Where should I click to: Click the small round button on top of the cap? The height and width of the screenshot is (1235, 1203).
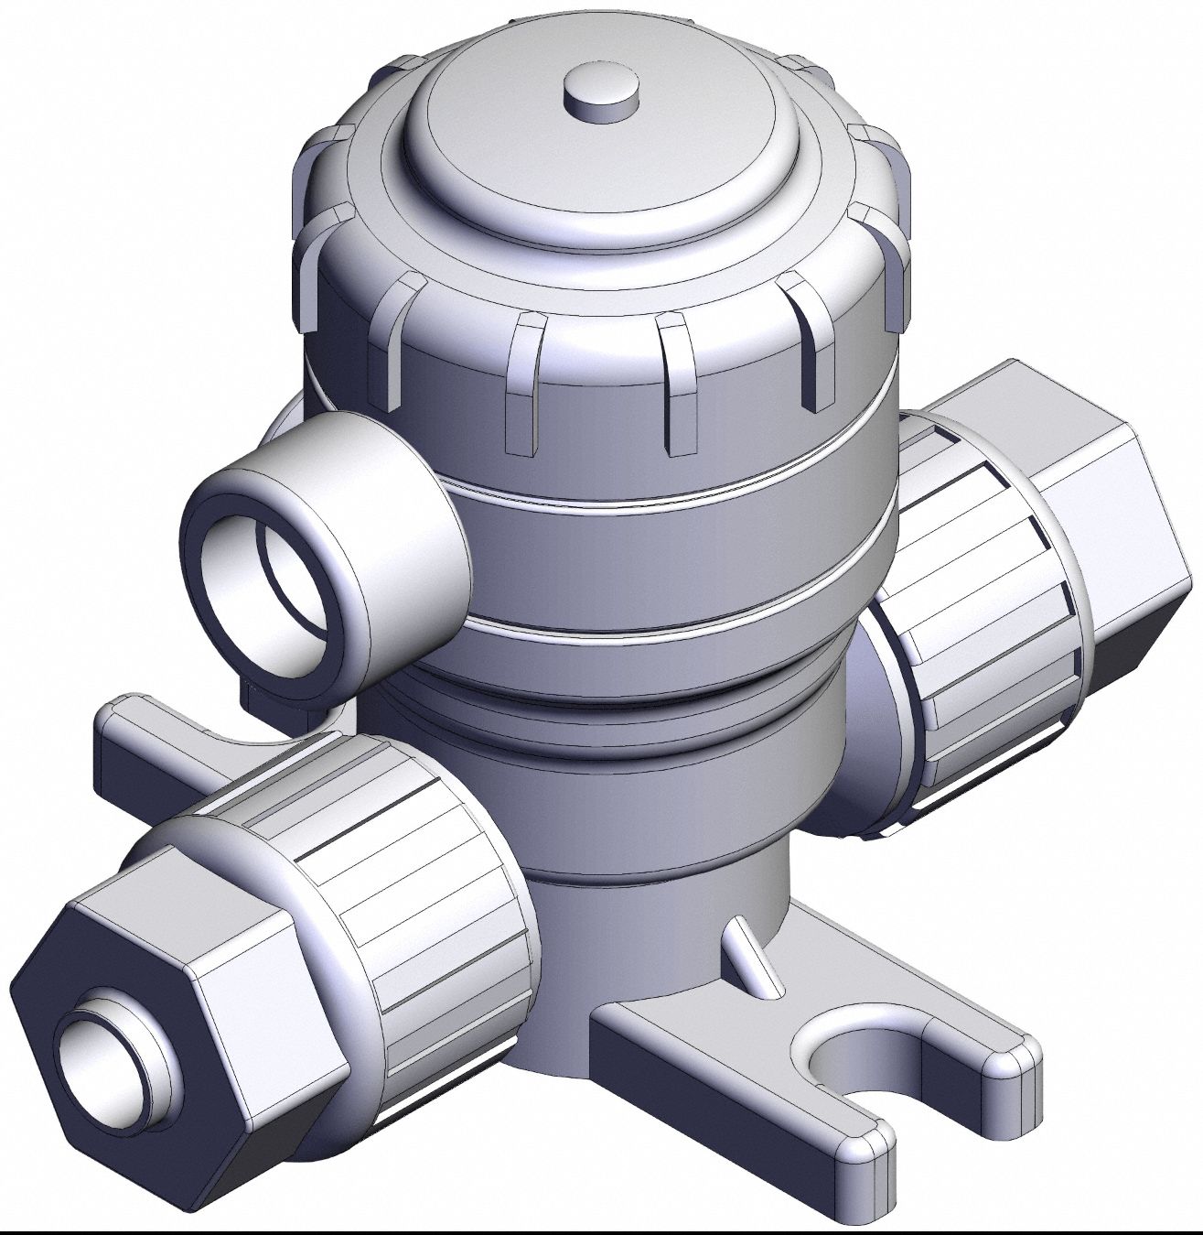click(x=600, y=92)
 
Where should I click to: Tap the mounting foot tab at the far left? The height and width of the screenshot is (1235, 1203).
click(x=137, y=751)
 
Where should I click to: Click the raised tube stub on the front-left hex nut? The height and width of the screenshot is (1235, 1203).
click(x=137, y=1016)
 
